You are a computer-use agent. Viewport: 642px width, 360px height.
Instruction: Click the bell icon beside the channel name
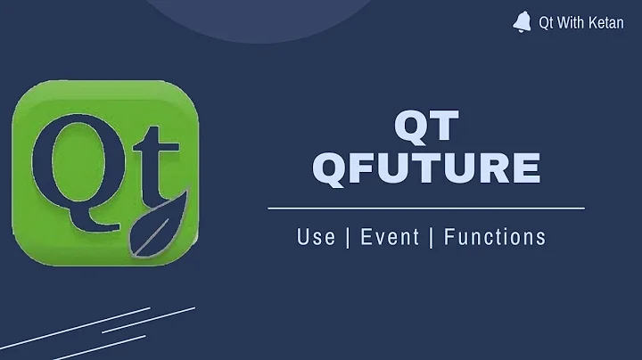[522, 22]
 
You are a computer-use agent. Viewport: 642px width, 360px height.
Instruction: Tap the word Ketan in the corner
[606, 23]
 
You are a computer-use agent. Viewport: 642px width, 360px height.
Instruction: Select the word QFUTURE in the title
[426, 169]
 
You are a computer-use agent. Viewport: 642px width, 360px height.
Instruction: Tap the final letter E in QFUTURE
[526, 169]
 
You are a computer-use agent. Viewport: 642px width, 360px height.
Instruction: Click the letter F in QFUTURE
[365, 169]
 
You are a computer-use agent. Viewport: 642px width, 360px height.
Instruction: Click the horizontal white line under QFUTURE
[426, 208]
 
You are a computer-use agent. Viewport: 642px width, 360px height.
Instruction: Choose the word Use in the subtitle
[317, 237]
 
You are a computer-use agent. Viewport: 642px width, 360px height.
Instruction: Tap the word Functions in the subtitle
[495, 237]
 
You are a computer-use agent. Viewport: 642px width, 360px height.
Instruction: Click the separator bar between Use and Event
[346, 237]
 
